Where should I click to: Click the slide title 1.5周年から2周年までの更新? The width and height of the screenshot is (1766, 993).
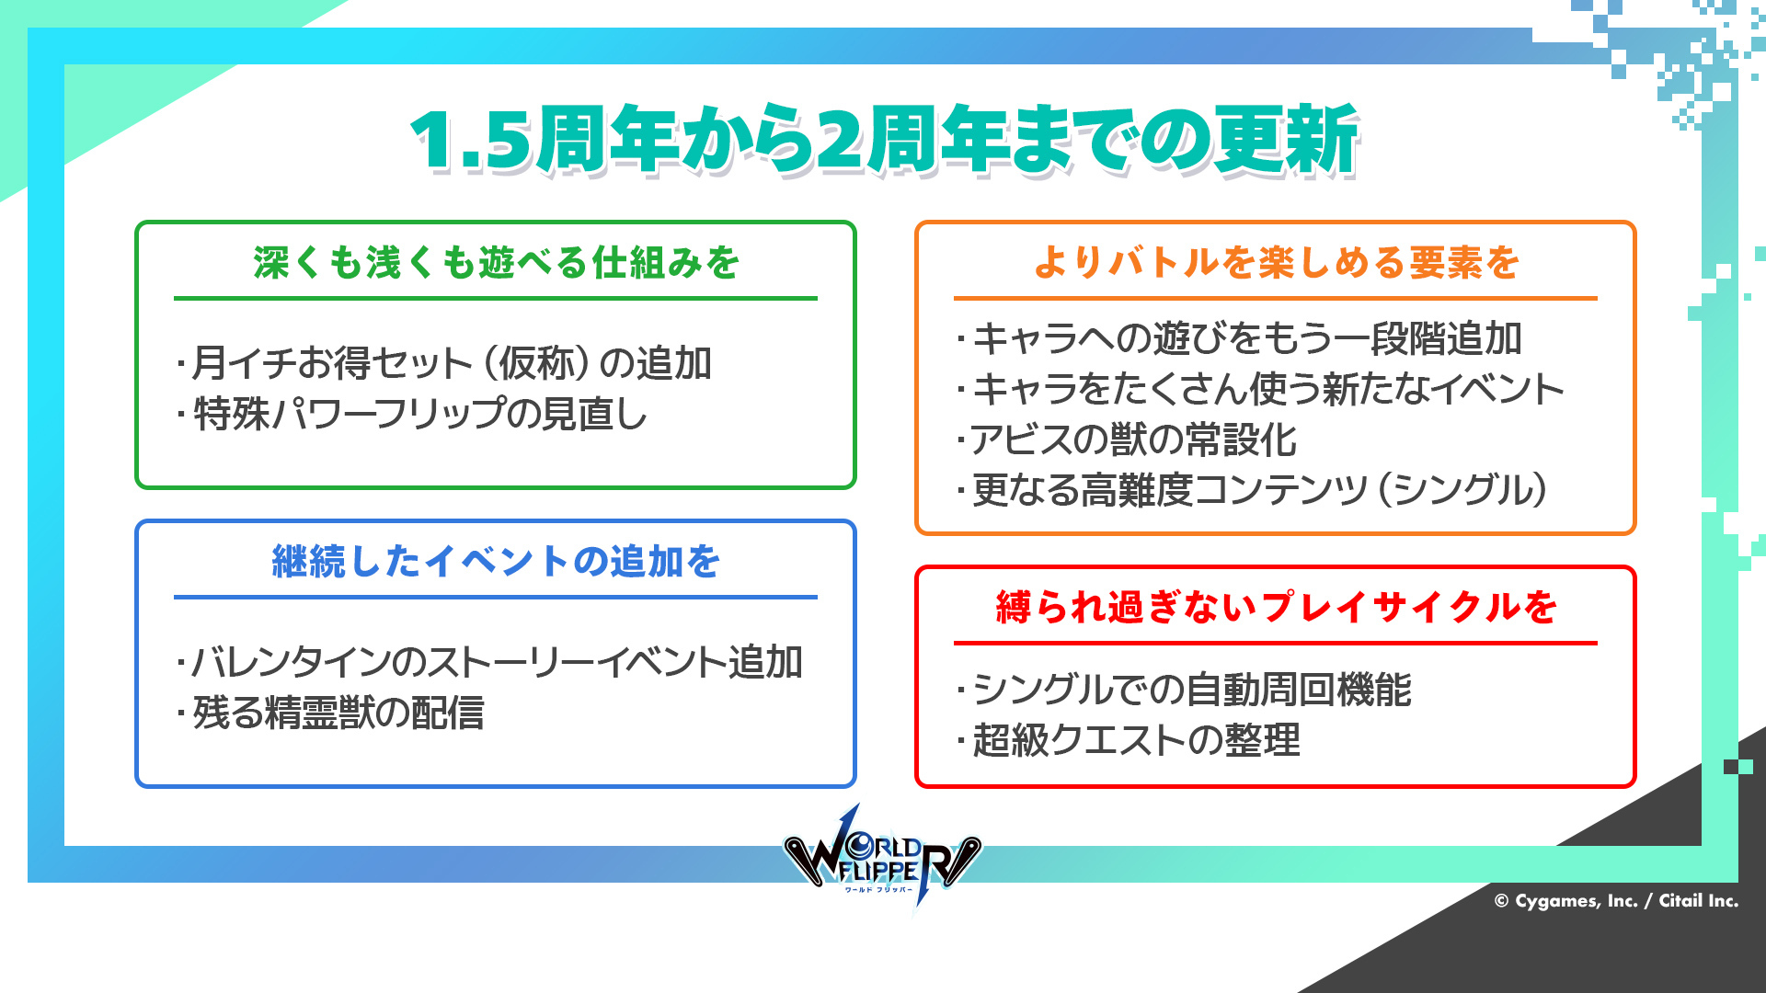pyautogui.click(x=885, y=140)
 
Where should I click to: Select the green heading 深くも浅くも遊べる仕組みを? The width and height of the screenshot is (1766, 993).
pyautogui.click(x=497, y=263)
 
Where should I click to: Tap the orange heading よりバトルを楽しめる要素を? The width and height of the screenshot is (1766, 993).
pyautogui.click(x=1276, y=263)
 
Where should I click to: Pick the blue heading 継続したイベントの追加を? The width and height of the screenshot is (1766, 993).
pyautogui.click(x=497, y=561)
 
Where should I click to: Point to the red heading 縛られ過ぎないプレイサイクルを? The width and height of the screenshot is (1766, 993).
pyautogui.click(x=1276, y=607)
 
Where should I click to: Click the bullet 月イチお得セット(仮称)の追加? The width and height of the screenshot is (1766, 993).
pyautogui.click(x=444, y=363)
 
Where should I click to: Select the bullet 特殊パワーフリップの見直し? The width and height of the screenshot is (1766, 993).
pyautogui.click(x=412, y=414)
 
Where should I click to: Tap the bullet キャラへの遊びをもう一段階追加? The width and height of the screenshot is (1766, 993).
pyautogui.click(x=1240, y=338)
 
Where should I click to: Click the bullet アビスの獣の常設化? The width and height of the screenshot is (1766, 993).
pyautogui.click(x=1127, y=439)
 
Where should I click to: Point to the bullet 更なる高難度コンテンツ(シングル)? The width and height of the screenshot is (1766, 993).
pyautogui.click(x=1252, y=490)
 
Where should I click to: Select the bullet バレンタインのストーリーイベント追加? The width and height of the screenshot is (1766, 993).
pyautogui.click(x=489, y=662)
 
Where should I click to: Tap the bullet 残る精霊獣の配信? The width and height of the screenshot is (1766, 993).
pyautogui.click(x=330, y=713)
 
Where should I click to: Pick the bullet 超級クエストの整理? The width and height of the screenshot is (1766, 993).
pyautogui.click(x=1129, y=740)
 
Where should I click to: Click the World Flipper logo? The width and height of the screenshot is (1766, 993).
pyautogui.click(x=881, y=857)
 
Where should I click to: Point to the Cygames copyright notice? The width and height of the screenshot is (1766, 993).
pyautogui.click(x=1616, y=901)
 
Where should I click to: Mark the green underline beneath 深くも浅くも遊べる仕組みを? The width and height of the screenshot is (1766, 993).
pyautogui.click(x=496, y=298)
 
